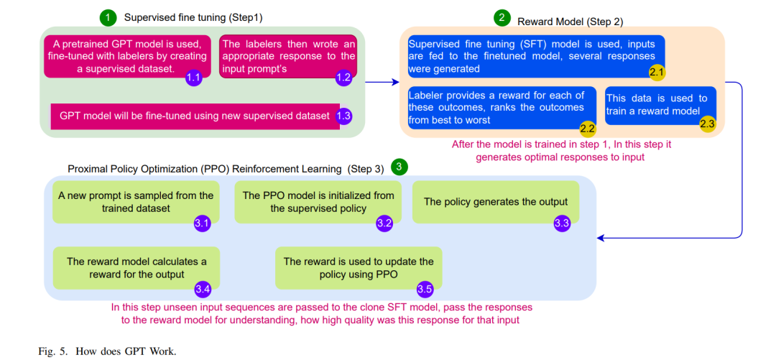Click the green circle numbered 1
[x=107, y=18]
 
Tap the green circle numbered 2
[x=502, y=18]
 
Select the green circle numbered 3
[x=398, y=167]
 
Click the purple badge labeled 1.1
[x=193, y=78]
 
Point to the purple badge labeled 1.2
[x=343, y=78]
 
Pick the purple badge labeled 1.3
[x=343, y=116]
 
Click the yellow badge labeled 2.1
[x=657, y=73]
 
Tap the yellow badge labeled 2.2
[x=588, y=128]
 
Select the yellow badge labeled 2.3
[x=707, y=124]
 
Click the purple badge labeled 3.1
[x=202, y=223]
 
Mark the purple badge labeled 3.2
[x=384, y=223]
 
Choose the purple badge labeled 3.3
[x=562, y=223]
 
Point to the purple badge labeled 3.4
[x=202, y=289]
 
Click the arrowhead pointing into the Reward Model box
[x=396, y=82]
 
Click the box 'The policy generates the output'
[x=495, y=202]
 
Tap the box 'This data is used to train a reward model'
[x=660, y=106]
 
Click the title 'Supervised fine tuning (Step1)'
[x=193, y=18]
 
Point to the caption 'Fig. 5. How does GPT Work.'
[x=107, y=351]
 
